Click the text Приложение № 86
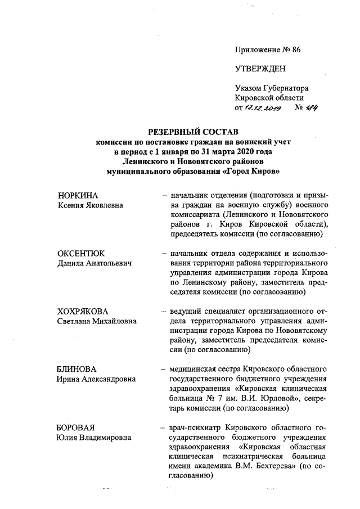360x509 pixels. [x=268, y=49]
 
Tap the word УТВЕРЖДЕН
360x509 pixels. [x=260, y=69]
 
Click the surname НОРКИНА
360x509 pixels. [x=78, y=195]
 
